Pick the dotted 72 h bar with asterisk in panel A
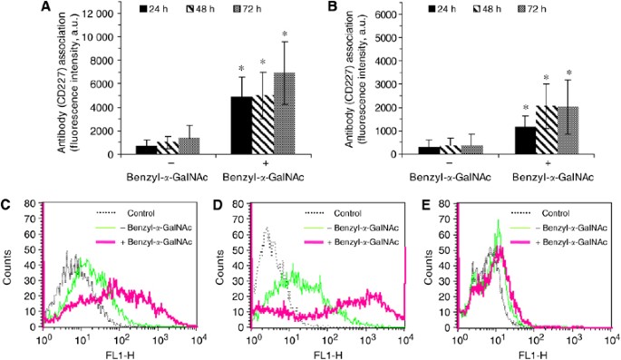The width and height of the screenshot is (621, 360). [285, 113]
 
